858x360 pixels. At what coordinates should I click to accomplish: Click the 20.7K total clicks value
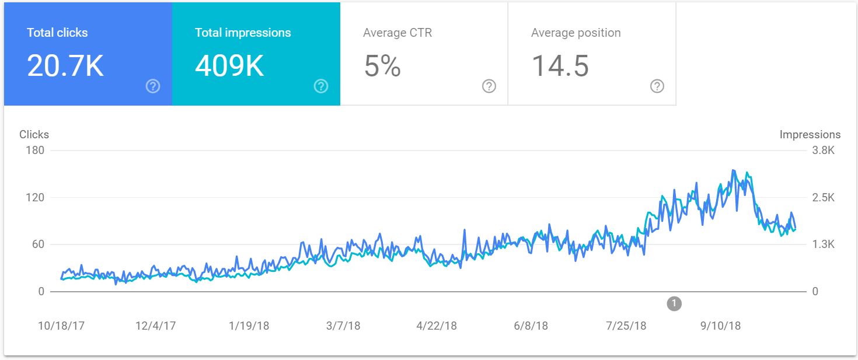[65, 66]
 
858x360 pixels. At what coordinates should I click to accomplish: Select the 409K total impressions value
[229, 66]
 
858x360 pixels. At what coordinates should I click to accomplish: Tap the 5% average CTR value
[382, 66]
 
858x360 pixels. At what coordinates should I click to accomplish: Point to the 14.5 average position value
[560, 66]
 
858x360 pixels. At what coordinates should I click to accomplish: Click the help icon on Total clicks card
[153, 86]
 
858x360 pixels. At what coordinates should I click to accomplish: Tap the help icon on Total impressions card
[321, 86]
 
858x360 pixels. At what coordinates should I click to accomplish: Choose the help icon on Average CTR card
[489, 86]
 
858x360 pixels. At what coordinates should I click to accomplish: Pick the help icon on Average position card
[657, 86]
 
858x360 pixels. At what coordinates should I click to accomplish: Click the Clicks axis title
[34, 134]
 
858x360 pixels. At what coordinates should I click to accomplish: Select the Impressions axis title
[810, 134]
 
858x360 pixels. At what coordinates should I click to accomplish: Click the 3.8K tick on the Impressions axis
[824, 151]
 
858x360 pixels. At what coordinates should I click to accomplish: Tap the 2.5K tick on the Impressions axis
[824, 198]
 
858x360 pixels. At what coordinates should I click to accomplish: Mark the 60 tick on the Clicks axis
[37, 244]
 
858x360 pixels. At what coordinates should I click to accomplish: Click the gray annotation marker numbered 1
[674, 303]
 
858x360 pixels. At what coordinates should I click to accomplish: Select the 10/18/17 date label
[61, 326]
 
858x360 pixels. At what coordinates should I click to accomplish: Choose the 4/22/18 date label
[437, 326]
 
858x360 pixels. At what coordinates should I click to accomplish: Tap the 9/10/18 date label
[720, 326]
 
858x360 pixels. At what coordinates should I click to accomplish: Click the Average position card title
[576, 33]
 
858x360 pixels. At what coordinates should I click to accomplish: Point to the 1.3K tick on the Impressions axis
[824, 244]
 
